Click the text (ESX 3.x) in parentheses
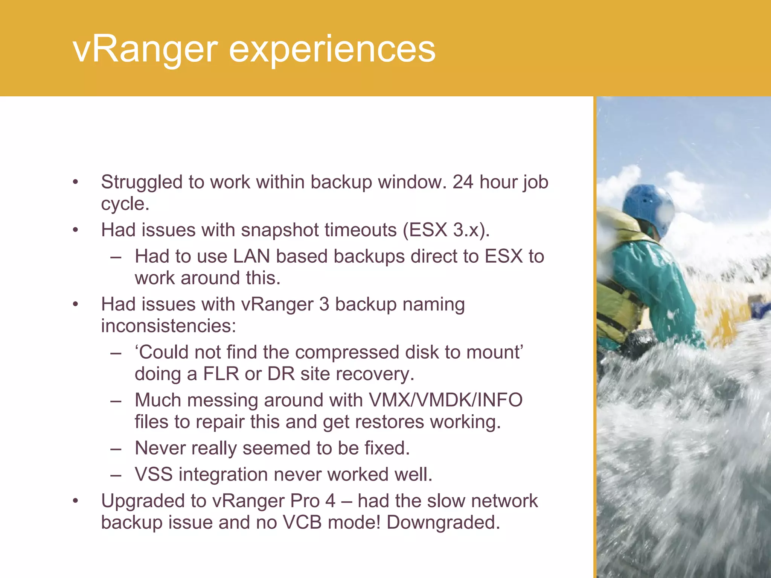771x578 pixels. (x=446, y=230)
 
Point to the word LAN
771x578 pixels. (x=251, y=256)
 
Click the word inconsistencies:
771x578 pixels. (x=168, y=326)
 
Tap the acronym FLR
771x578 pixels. (x=221, y=374)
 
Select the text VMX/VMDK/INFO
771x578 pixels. (x=445, y=400)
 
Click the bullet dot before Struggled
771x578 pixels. (x=76, y=183)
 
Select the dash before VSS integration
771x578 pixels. (x=116, y=475)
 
